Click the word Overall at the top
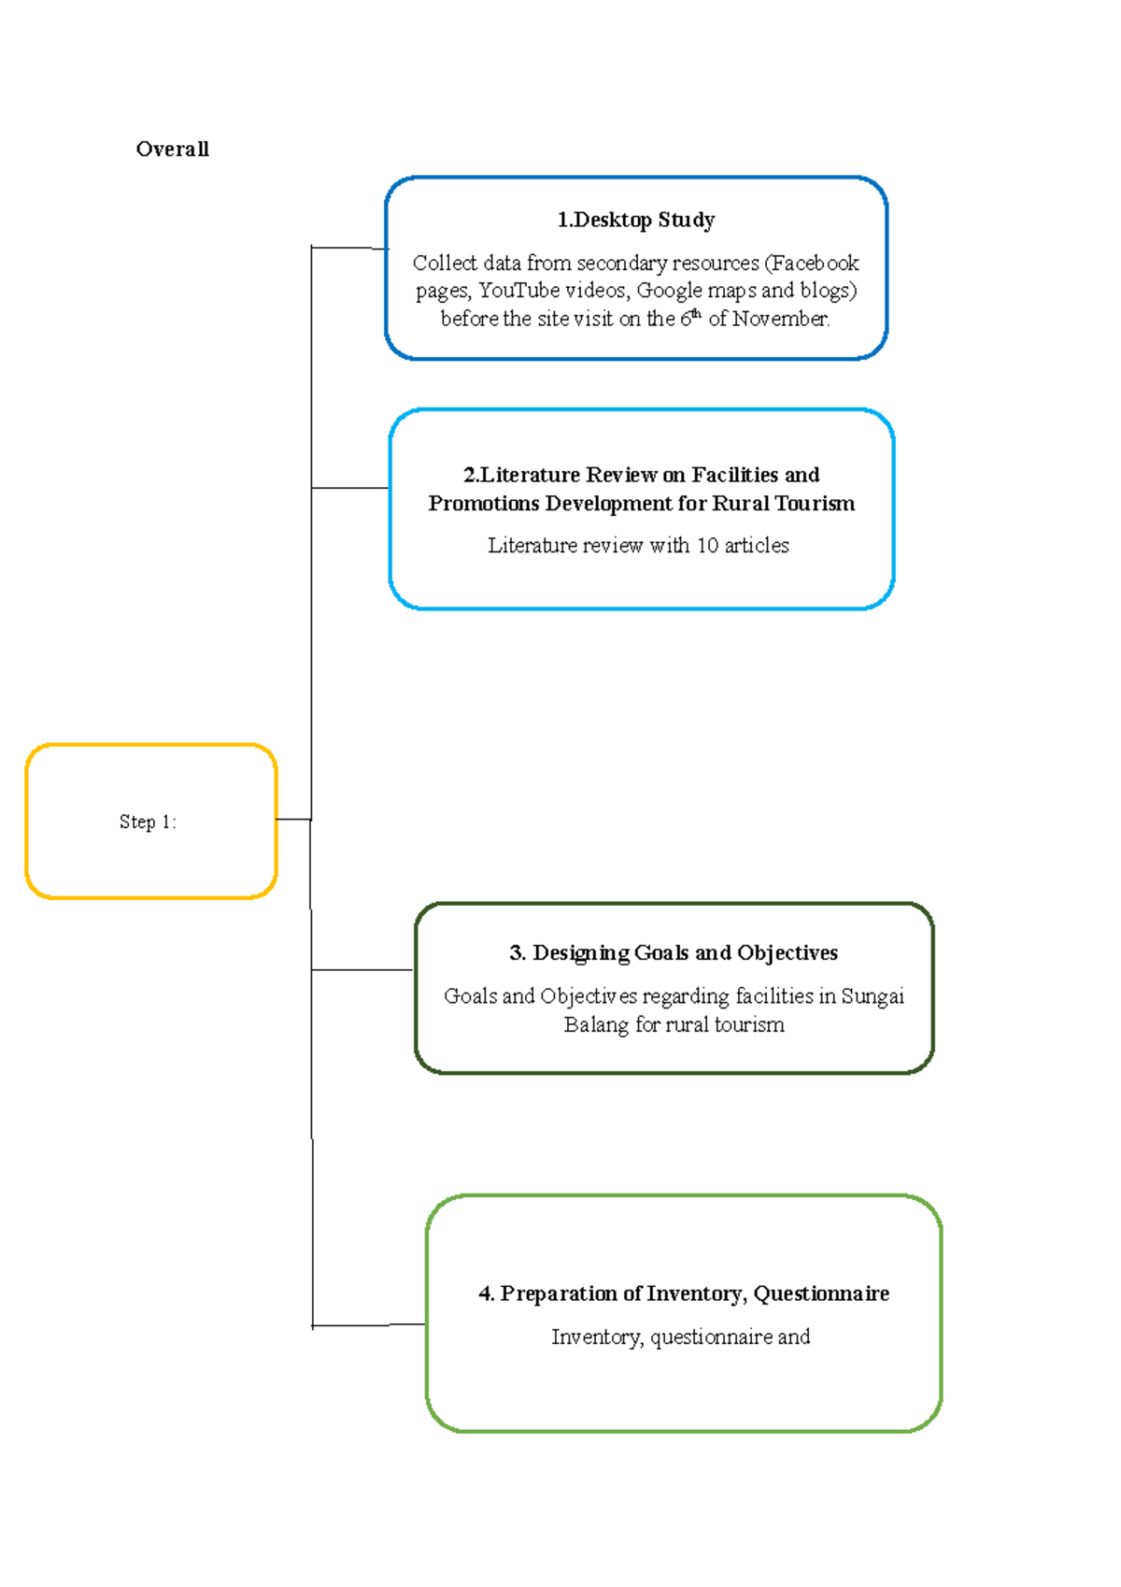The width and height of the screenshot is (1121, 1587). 172,149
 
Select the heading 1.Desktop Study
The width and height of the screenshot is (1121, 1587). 635,221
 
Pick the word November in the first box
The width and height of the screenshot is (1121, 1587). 780,319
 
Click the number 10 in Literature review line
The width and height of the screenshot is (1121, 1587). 707,546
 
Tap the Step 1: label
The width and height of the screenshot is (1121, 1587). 148,822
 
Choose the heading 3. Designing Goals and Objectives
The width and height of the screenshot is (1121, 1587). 673,953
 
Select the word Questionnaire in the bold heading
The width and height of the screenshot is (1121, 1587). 821,1294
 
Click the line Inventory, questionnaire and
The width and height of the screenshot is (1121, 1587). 680,1337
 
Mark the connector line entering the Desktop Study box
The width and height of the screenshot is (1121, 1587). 349,248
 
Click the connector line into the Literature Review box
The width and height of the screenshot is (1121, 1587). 350,488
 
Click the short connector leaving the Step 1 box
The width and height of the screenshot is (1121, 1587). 293,819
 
